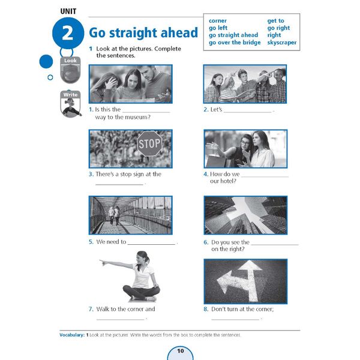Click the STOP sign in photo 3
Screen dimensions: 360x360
click(149, 143)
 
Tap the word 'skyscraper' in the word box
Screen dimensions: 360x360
click(282, 43)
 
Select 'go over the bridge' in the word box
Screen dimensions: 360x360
click(235, 43)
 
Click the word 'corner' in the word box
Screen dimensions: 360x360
click(218, 21)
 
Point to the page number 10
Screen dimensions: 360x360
click(179, 350)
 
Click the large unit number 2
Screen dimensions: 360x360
click(68, 33)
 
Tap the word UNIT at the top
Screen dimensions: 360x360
click(72, 11)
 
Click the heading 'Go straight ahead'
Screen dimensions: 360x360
click(143, 32)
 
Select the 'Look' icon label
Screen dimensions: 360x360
click(70, 61)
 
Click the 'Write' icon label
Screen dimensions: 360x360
click(70, 95)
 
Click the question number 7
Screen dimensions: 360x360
click(91, 309)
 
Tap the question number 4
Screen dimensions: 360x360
click(206, 175)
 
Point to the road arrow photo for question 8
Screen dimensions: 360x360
click(245, 281)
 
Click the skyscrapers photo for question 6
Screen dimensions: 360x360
click(245, 215)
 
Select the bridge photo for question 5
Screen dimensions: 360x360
click(130, 215)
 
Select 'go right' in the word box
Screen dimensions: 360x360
click(278, 28)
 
